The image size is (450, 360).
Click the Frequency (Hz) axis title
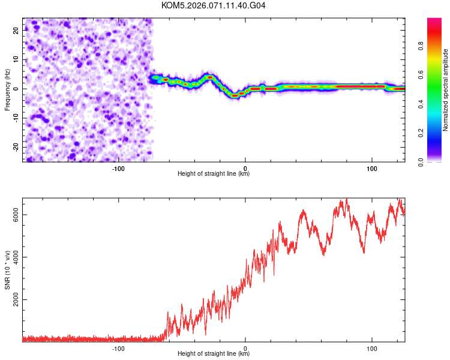[x=8, y=90]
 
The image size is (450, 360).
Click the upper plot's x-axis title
[x=214, y=174]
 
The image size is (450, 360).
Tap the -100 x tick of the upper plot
[x=118, y=167]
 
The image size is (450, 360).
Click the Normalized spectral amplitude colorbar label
[x=446, y=90]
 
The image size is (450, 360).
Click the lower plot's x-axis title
[x=214, y=354]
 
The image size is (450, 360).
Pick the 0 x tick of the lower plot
[x=245, y=348]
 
